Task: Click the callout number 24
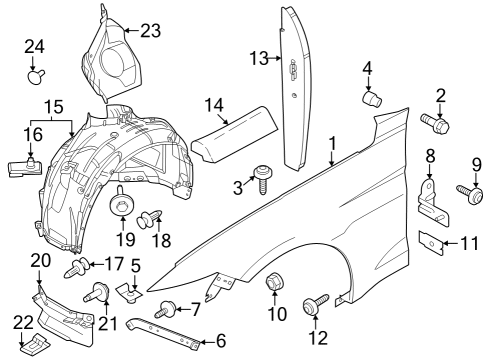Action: click(35, 47)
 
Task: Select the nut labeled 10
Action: click(273, 288)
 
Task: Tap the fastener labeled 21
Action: click(101, 293)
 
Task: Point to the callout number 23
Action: click(150, 31)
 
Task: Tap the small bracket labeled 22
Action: click(35, 346)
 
